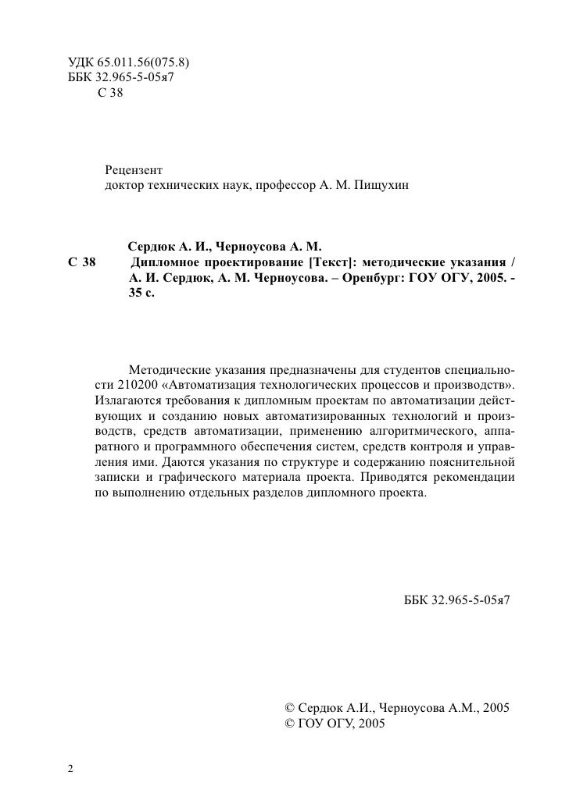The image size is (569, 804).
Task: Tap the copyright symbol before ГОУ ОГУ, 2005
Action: pos(288,724)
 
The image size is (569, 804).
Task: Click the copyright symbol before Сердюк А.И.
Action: pos(288,707)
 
